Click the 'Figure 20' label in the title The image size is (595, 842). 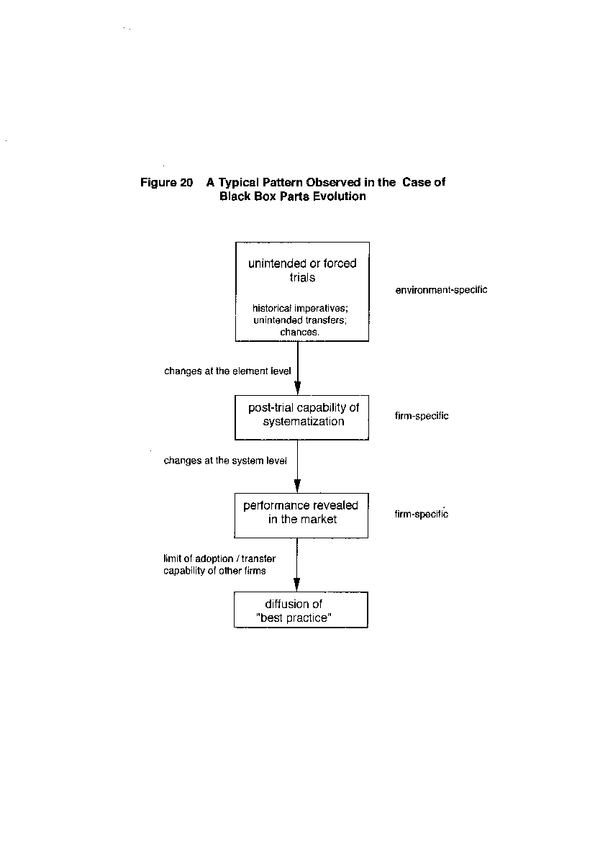(166, 183)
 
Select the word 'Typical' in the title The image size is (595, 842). (238, 183)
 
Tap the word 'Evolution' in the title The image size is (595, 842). (340, 196)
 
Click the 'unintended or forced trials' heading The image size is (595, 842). (302, 270)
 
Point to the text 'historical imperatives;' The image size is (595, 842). (300, 308)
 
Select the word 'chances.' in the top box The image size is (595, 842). (299, 332)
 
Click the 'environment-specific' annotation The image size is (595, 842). (442, 290)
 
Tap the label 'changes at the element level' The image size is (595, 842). (227, 371)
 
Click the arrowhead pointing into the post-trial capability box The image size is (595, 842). (298, 388)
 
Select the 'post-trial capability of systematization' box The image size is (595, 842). (301, 417)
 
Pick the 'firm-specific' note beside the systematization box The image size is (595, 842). (422, 416)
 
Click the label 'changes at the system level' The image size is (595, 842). (225, 461)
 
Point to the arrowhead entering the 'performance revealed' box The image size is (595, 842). (298, 486)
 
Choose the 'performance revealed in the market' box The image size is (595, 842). (301, 515)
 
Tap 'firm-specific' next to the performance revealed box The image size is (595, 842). (422, 514)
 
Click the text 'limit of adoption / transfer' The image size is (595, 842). (219, 558)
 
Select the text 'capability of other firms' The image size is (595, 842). (215, 571)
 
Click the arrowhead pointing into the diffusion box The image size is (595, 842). (297, 584)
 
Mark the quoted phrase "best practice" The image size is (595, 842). (294, 618)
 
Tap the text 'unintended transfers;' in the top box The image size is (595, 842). (300, 320)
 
